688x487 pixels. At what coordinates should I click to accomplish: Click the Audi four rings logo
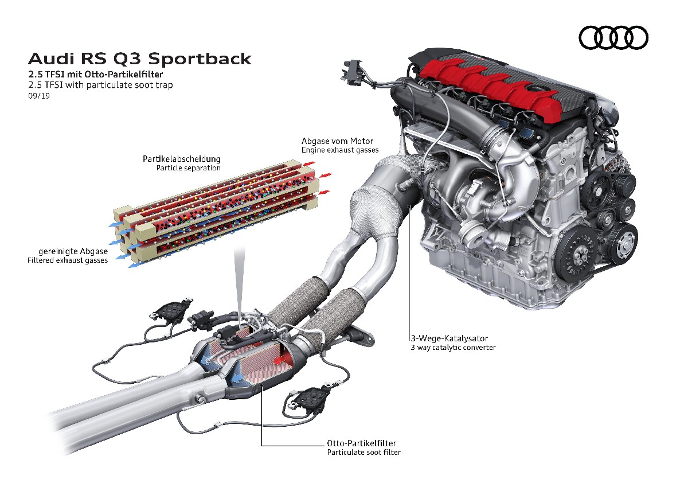pos(613,38)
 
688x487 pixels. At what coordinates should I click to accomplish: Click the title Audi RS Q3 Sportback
pos(139,59)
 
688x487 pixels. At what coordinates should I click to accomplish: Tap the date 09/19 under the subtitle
pos(38,95)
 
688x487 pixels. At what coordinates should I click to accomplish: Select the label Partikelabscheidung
pos(182,158)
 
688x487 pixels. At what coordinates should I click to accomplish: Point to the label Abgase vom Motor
pos(338,141)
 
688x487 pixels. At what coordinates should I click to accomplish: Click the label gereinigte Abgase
pos(73,251)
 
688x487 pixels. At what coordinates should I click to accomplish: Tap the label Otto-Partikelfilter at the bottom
pos(361,443)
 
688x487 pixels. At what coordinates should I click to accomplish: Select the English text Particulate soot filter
pos(363,452)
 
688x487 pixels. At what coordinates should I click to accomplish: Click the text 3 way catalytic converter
pos(453,347)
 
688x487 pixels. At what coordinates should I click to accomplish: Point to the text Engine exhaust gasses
pos(340,150)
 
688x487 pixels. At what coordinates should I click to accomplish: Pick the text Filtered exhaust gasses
pos(68,260)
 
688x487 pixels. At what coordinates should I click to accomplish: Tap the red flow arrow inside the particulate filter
pos(284,359)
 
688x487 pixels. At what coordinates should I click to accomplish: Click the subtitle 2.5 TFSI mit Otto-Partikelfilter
pos(99,74)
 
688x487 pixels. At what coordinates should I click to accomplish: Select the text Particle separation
pos(189,168)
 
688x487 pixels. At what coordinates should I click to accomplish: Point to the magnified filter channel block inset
pos(215,212)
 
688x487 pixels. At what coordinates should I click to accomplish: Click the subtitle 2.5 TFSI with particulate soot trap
pos(100,85)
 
